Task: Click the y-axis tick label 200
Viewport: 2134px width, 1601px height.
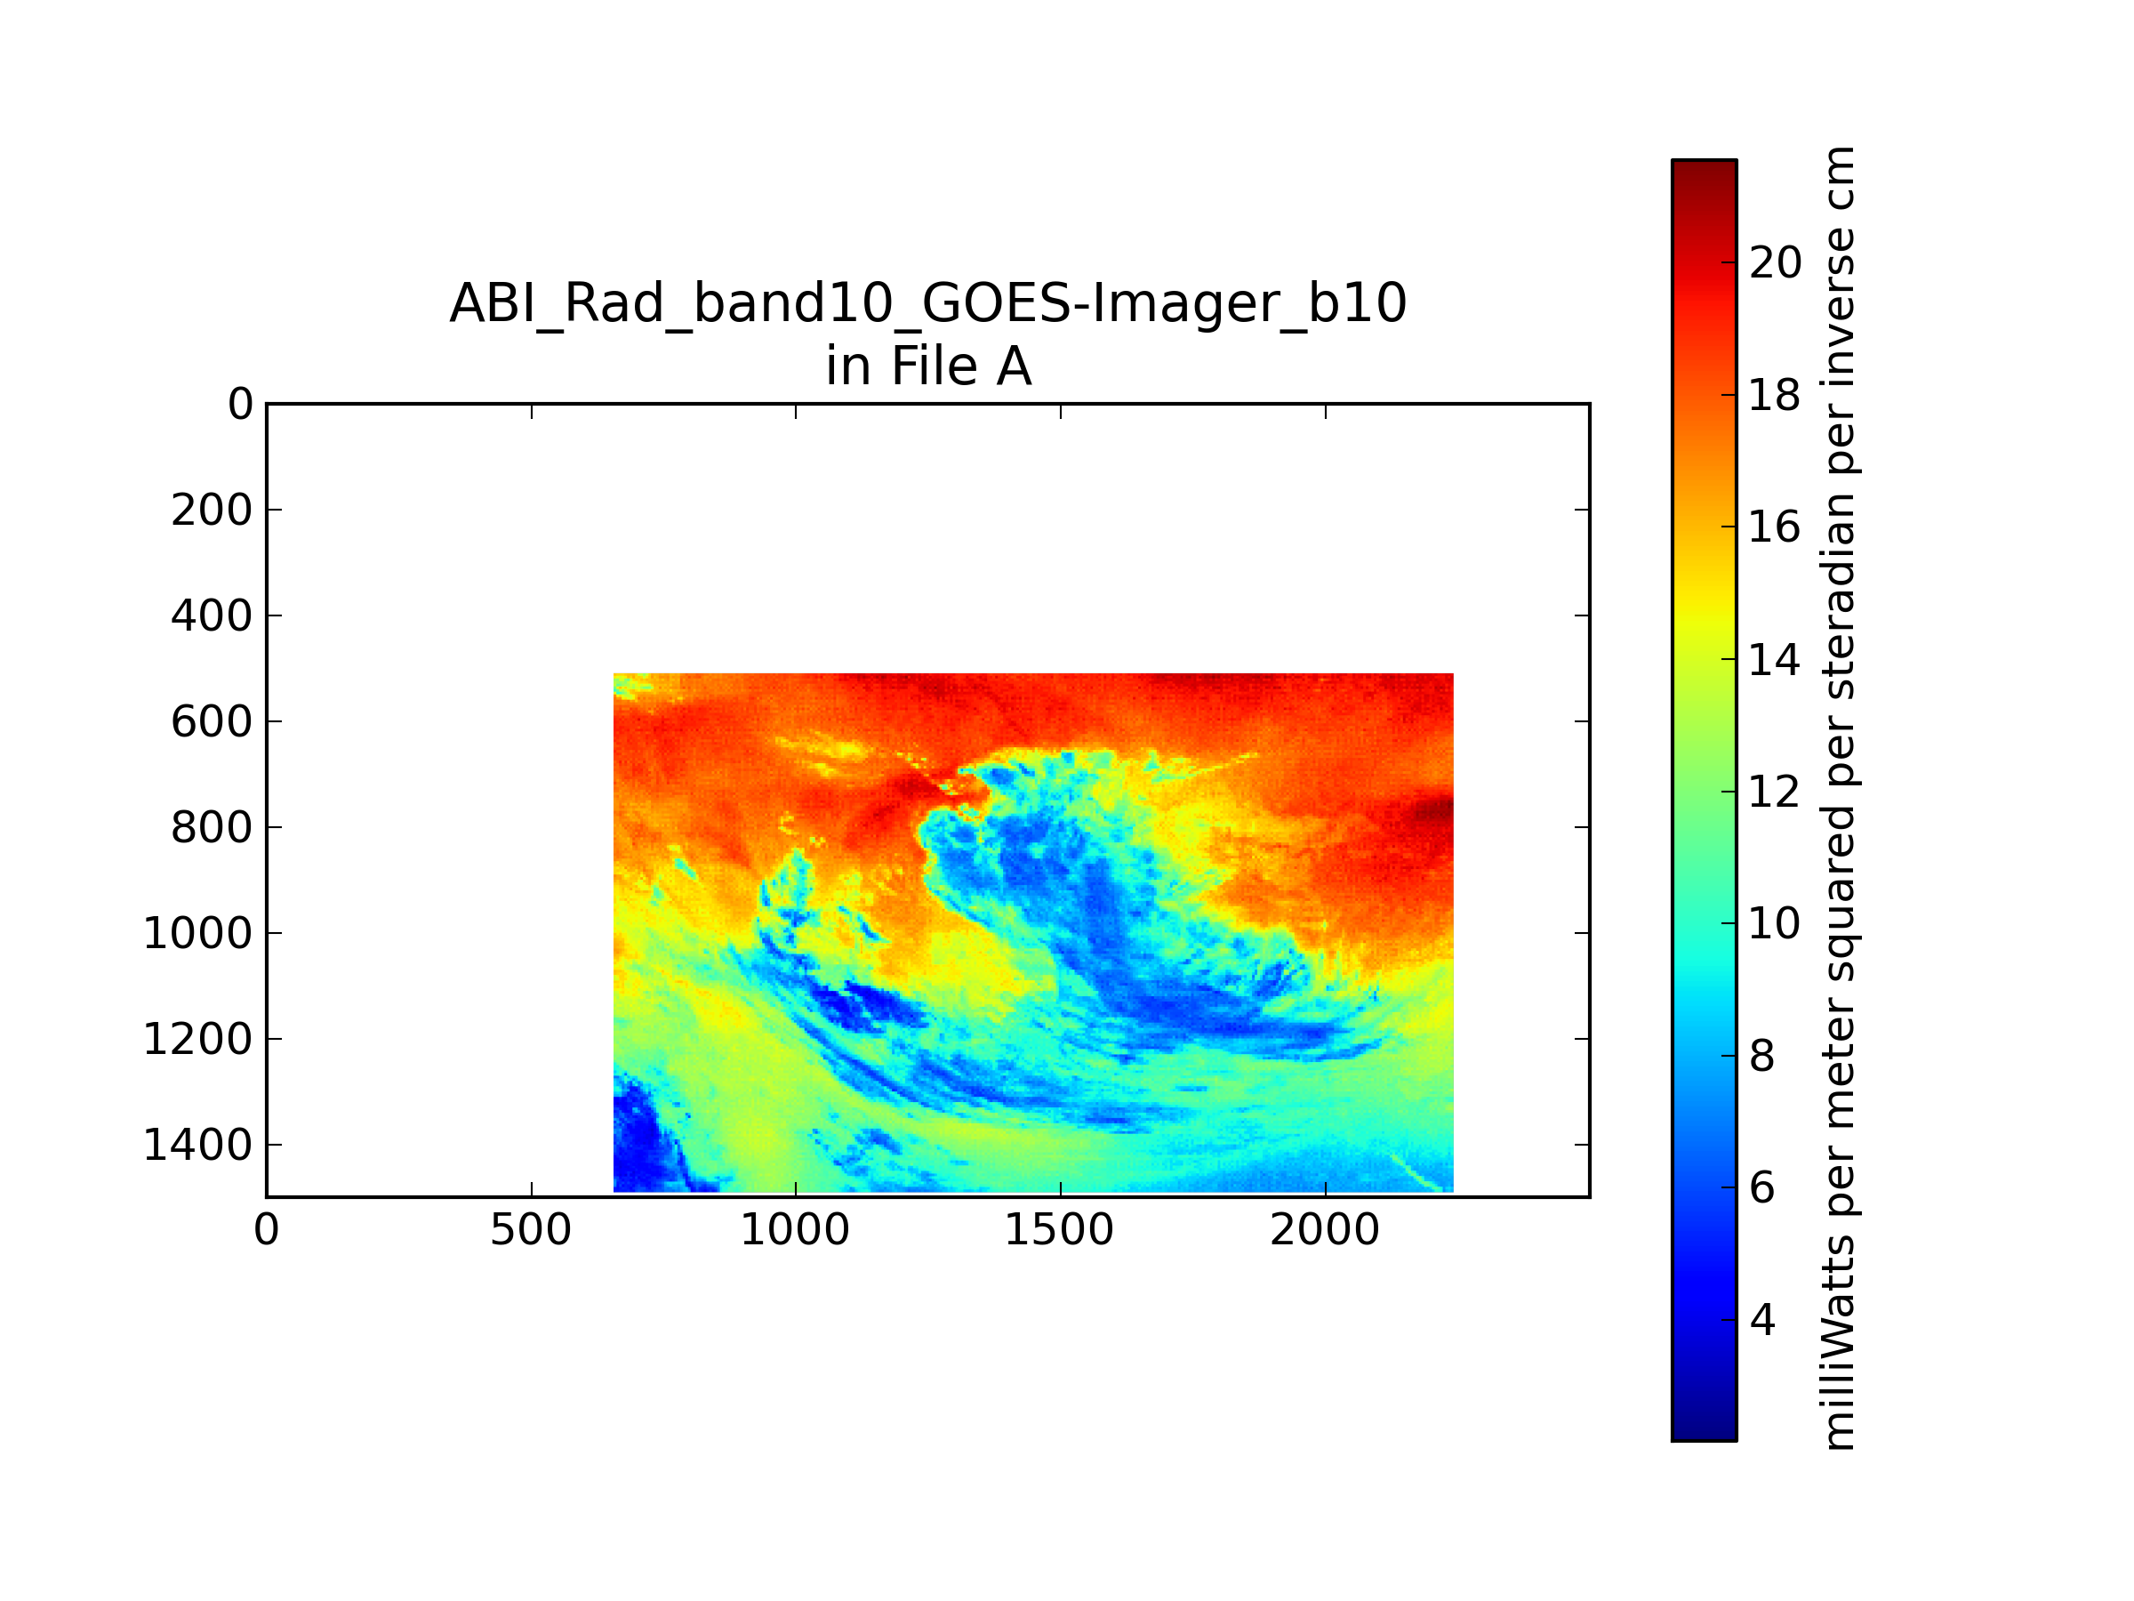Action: click(x=212, y=511)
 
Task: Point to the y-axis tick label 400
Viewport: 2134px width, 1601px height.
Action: click(x=212, y=615)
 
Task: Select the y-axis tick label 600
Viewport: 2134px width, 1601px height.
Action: click(x=212, y=722)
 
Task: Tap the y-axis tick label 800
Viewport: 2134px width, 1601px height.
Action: click(x=212, y=828)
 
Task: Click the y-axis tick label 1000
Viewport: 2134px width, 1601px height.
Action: click(x=197, y=933)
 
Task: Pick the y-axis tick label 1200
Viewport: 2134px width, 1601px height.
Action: click(x=197, y=1040)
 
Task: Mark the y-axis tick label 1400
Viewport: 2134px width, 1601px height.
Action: click(x=197, y=1146)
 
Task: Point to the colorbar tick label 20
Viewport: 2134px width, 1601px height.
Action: click(x=1775, y=262)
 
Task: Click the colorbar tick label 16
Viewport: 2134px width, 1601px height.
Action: click(x=1775, y=527)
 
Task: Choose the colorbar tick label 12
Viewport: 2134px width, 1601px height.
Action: click(x=1775, y=792)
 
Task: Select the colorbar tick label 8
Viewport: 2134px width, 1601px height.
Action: click(x=1762, y=1057)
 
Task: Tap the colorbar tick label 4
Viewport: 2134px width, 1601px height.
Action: click(x=1762, y=1321)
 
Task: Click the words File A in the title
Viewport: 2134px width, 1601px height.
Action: click(x=961, y=366)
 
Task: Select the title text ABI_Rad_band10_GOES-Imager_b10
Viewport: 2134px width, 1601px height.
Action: click(x=928, y=305)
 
